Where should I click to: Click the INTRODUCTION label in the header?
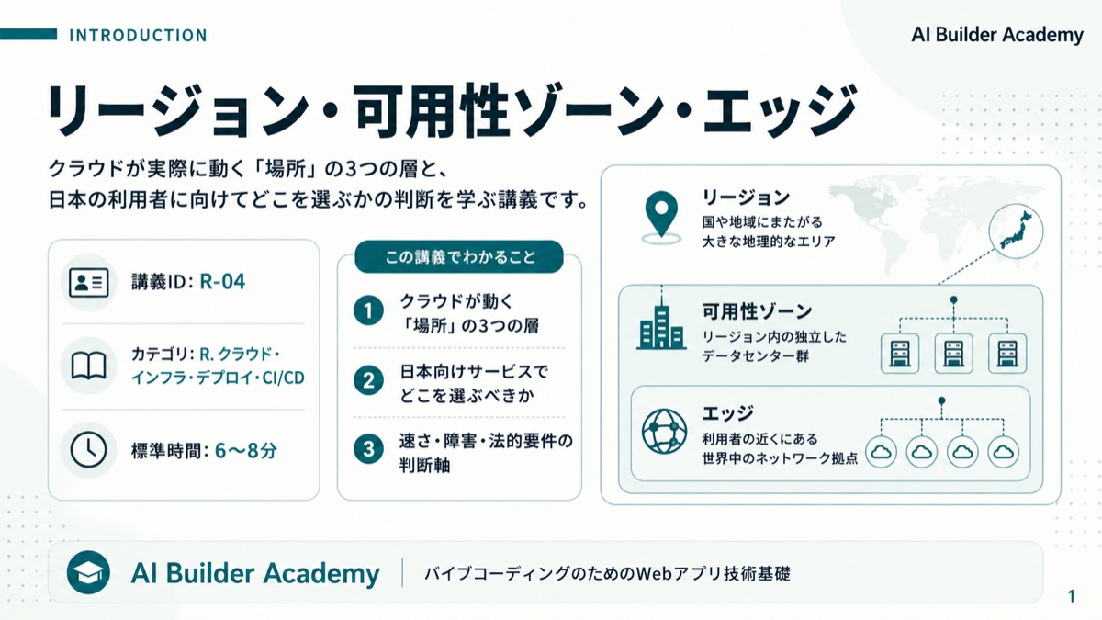click(x=139, y=36)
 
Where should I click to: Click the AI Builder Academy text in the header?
click(x=997, y=35)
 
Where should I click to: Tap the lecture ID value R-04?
click(x=222, y=281)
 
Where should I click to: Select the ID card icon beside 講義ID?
click(x=89, y=283)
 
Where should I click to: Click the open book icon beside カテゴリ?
click(x=89, y=366)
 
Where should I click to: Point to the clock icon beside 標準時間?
click(x=88, y=450)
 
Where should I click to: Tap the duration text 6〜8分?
click(x=246, y=450)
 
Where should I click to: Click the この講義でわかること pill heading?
click(x=459, y=257)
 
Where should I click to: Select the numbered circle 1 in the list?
click(x=368, y=310)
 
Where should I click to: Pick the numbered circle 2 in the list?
click(x=368, y=380)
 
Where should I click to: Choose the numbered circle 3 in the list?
click(x=368, y=449)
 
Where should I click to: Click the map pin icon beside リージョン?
click(x=661, y=217)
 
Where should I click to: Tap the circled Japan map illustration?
click(x=1016, y=231)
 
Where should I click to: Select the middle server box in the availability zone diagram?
click(x=953, y=354)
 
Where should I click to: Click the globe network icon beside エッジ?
click(x=664, y=432)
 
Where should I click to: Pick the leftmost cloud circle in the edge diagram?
click(x=881, y=452)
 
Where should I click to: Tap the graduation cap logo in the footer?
click(x=88, y=572)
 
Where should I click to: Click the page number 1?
click(x=1072, y=597)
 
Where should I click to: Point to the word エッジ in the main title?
click(x=781, y=111)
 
